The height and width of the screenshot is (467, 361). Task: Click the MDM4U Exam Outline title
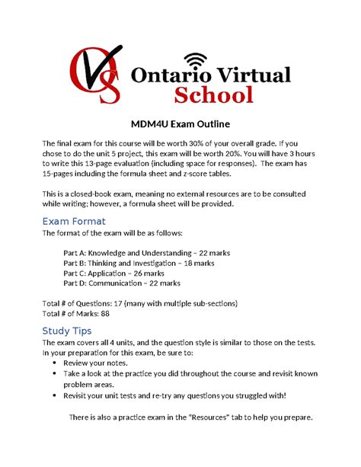point(180,124)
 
